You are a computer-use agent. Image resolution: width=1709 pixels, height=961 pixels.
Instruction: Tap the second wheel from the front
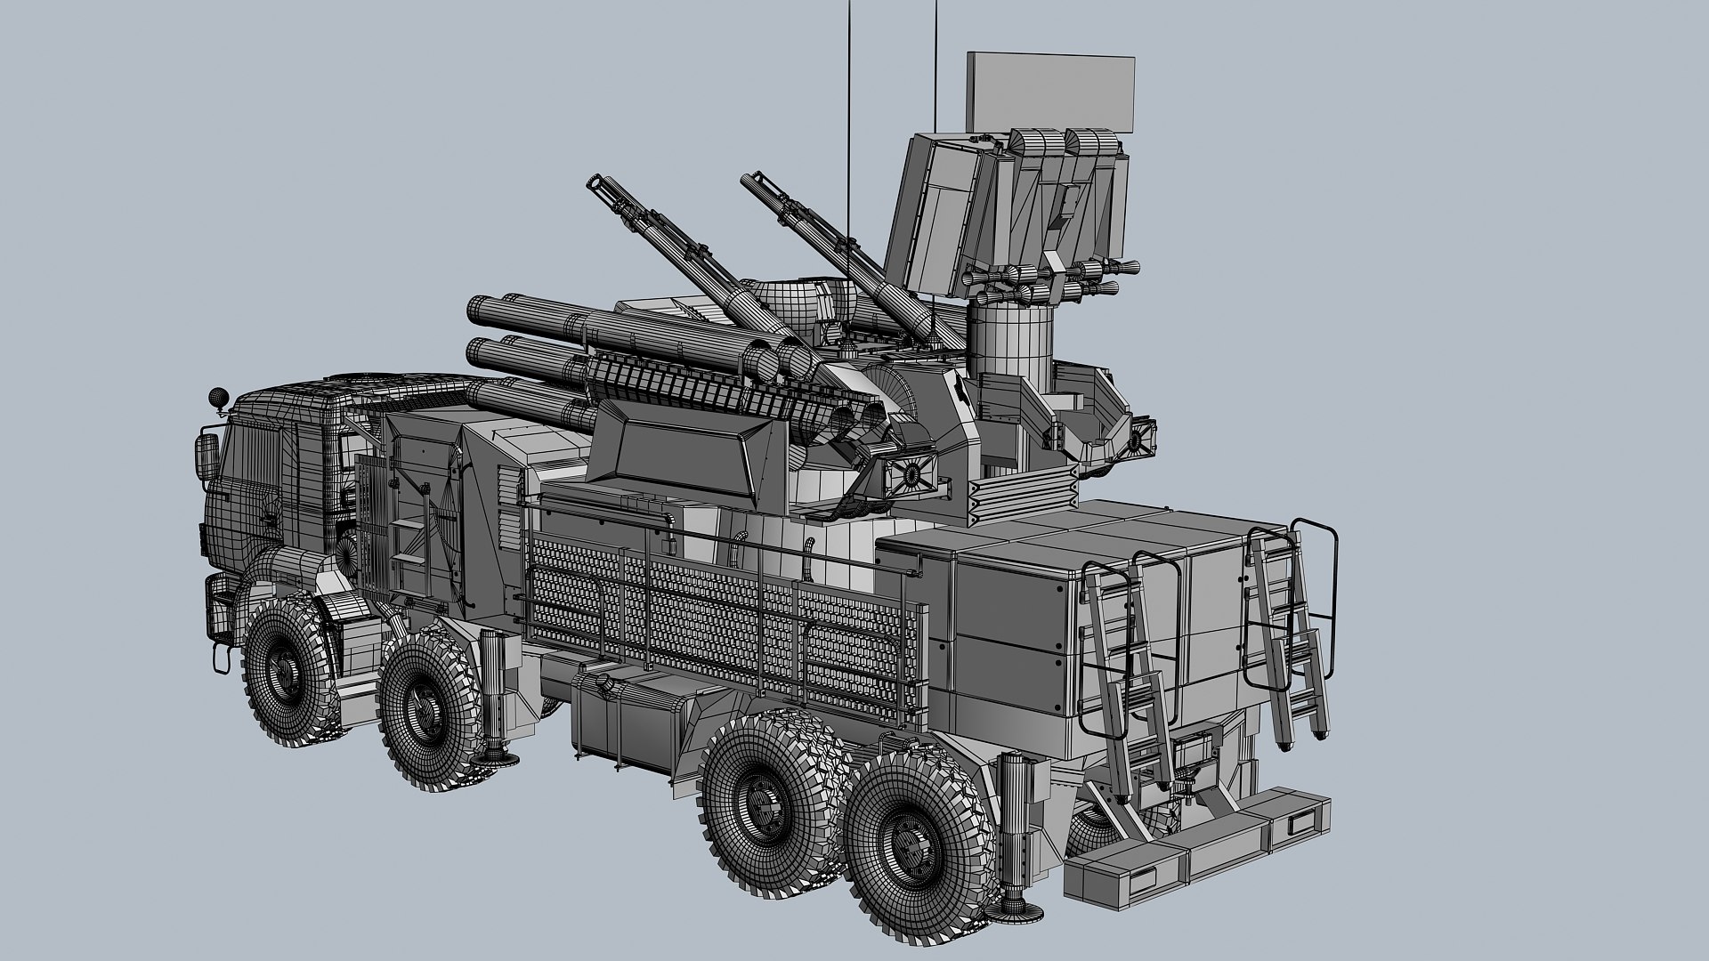point(424,707)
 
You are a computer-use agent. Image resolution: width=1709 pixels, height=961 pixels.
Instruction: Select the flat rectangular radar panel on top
point(1050,91)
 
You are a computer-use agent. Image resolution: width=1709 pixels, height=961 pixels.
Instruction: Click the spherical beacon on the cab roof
point(215,396)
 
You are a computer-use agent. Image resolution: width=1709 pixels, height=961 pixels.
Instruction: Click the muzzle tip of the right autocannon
point(746,182)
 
